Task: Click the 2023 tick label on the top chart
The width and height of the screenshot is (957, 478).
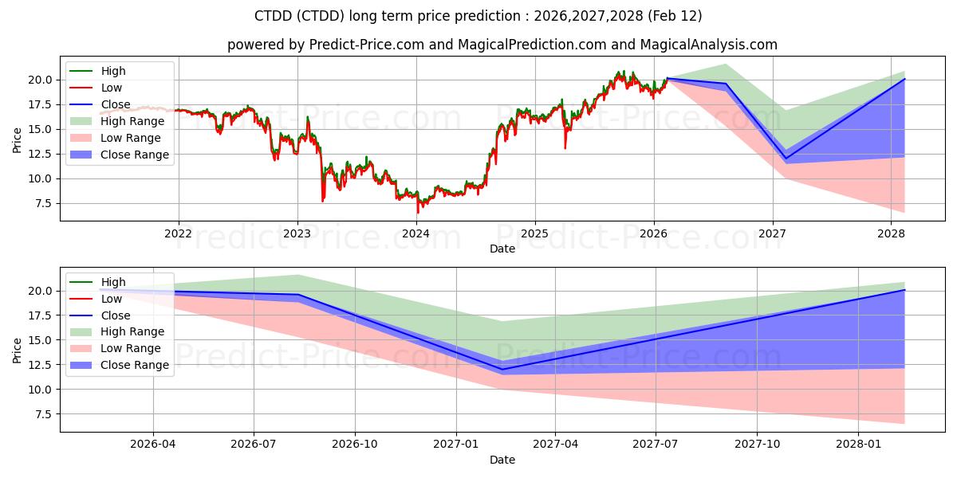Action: (297, 233)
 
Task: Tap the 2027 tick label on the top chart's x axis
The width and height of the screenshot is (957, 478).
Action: (772, 233)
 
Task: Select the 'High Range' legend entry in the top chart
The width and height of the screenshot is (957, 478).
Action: (132, 121)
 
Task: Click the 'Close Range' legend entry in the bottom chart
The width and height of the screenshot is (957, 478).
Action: (134, 365)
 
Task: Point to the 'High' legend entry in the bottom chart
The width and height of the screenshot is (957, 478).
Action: (112, 282)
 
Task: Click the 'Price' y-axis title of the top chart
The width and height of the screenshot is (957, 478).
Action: (18, 139)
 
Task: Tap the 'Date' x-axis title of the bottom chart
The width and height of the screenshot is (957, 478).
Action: (502, 460)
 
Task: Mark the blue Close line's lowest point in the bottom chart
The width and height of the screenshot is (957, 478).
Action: (502, 369)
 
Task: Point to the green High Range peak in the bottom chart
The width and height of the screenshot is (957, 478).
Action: (297, 275)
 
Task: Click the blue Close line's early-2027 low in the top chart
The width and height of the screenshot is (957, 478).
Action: (786, 159)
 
